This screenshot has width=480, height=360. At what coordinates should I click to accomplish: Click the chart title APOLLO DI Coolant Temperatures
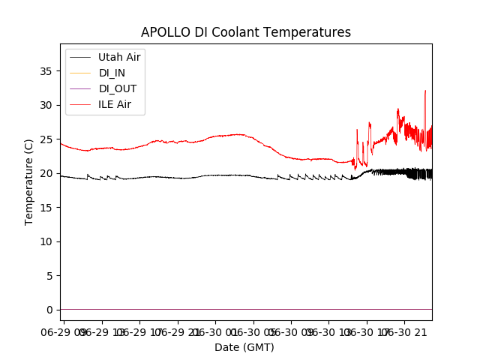(x=246, y=33)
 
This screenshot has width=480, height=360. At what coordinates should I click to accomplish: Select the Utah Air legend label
(x=119, y=57)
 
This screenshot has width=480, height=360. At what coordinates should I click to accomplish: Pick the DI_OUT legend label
(x=118, y=88)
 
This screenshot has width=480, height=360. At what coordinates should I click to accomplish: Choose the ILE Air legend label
(x=115, y=104)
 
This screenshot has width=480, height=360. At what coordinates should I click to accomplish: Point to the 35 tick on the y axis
(x=46, y=71)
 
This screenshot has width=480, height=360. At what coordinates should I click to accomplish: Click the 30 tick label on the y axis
(x=46, y=105)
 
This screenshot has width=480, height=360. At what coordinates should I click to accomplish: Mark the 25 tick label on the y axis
(x=46, y=139)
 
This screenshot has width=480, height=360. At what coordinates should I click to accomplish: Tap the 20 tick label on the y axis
(x=46, y=173)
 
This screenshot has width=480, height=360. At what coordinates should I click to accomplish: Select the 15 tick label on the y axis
(x=46, y=208)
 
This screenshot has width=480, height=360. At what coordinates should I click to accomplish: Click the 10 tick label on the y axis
(x=46, y=241)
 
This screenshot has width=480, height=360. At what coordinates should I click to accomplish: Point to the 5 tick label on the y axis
(x=49, y=276)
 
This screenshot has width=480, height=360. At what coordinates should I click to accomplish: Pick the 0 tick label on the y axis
(x=49, y=310)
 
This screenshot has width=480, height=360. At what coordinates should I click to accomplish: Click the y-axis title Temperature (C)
(x=29, y=181)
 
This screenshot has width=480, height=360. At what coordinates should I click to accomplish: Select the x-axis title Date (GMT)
(x=244, y=347)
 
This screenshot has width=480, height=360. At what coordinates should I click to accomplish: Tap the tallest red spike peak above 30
(x=425, y=91)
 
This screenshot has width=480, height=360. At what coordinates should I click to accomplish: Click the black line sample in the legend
(x=81, y=57)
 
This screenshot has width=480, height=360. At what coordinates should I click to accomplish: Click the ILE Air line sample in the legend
(x=81, y=104)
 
